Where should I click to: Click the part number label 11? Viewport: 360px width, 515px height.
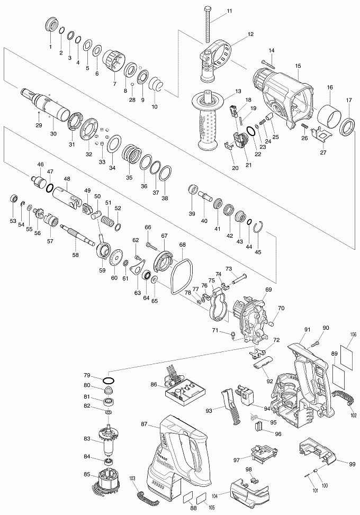click(229, 11)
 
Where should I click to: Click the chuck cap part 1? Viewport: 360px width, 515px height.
click(51, 24)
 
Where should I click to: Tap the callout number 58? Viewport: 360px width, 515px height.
click(76, 255)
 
